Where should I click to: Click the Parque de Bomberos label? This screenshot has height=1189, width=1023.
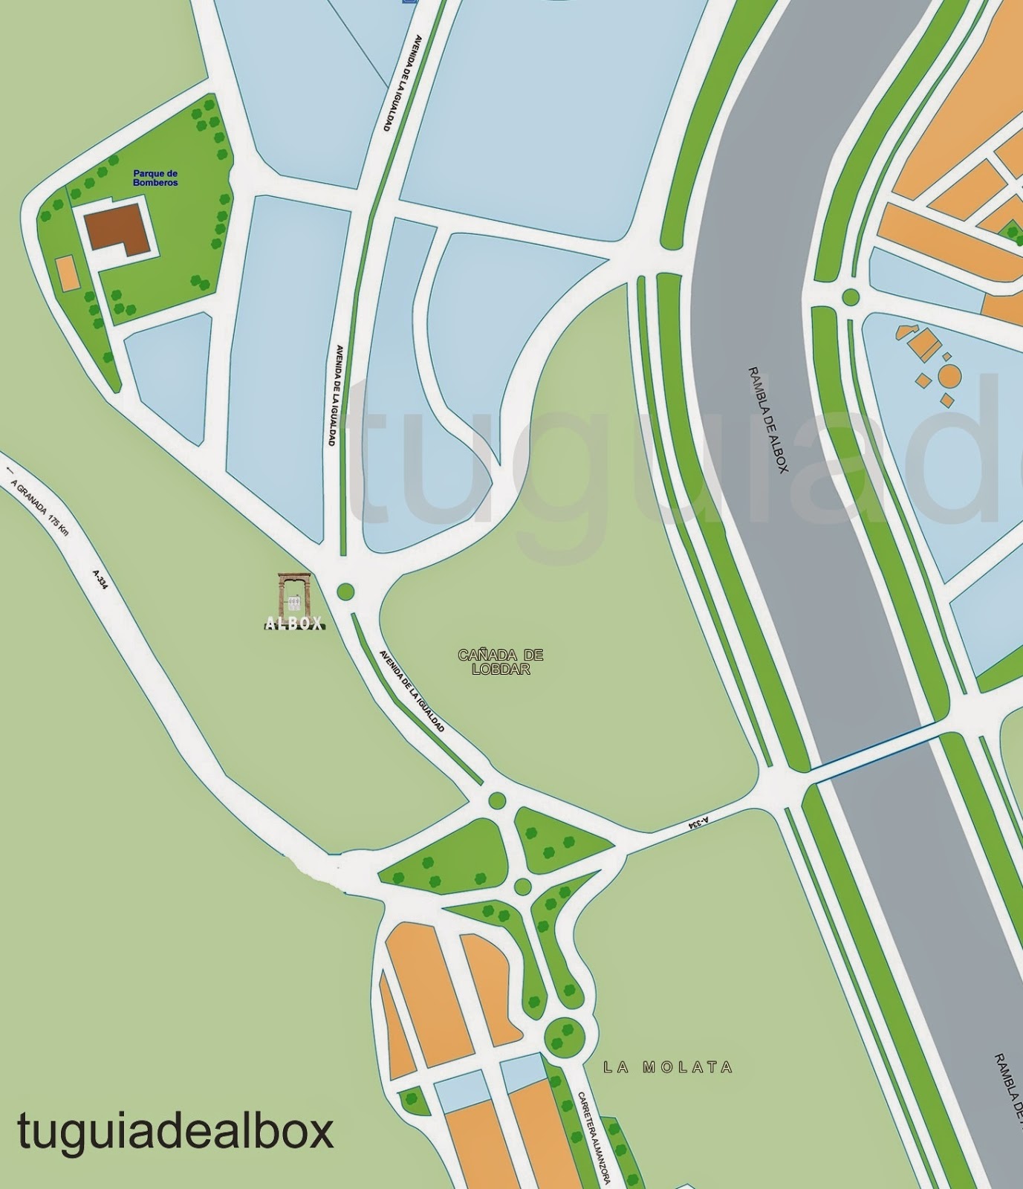155,178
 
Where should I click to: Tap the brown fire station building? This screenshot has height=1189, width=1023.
116,229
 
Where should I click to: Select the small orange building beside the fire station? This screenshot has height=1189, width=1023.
66,273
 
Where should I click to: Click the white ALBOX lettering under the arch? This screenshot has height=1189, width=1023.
294,624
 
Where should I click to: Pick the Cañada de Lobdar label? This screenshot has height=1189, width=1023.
501,661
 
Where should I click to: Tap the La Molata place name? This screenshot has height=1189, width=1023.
668,1068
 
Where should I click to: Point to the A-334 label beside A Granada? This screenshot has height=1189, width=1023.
100,580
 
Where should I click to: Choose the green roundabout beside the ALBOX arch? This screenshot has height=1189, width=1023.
345,592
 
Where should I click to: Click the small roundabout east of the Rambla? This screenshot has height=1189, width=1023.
851,298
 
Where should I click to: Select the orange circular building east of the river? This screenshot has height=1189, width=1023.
949,375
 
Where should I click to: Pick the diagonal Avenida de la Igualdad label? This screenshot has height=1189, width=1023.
412,692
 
